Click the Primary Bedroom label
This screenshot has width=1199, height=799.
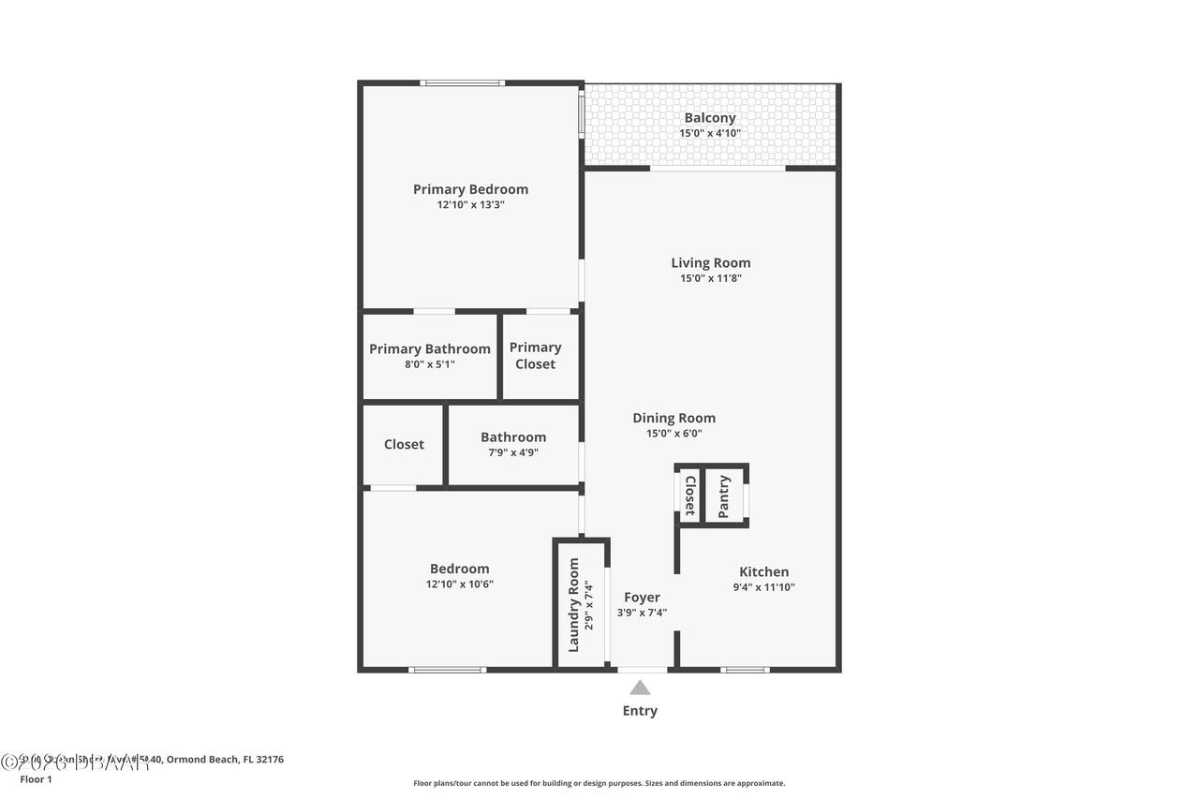(x=470, y=189)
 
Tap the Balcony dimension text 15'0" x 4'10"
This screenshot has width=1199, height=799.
(x=710, y=133)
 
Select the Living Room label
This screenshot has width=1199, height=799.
(x=710, y=263)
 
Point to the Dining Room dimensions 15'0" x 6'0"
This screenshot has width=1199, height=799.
(x=674, y=434)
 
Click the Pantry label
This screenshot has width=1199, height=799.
(x=724, y=496)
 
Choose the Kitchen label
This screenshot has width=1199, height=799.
(x=763, y=572)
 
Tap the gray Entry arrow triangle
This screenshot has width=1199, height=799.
(x=640, y=688)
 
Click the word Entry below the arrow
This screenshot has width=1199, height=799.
(x=640, y=711)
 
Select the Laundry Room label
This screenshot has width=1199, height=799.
(x=574, y=605)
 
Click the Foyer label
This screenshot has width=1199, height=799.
(x=642, y=598)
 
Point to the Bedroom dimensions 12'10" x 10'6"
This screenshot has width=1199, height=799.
(x=459, y=584)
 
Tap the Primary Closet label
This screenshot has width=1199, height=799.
(x=535, y=355)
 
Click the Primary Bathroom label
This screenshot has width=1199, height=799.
(x=430, y=349)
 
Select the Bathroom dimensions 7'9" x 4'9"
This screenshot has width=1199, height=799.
(x=513, y=452)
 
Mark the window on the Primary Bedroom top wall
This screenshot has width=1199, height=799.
(x=462, y=83)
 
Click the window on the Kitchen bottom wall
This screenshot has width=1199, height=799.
(x=745, y=670)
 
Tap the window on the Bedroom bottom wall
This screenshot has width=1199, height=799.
(x=447, y=670)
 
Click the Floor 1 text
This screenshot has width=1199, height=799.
(x=37, y=778)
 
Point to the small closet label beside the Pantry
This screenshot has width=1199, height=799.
(x=689, y=496)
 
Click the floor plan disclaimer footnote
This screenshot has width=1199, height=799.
(x=599, y=783)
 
